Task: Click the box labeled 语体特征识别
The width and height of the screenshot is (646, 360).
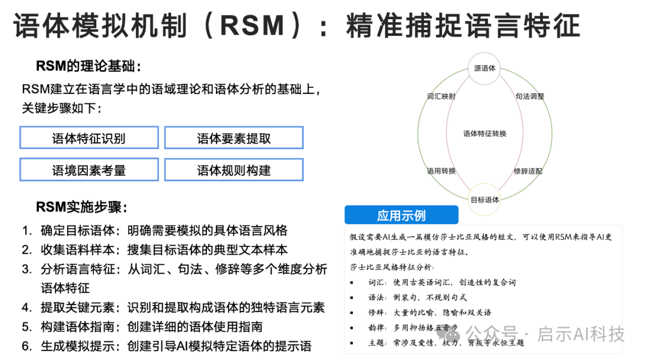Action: (x=89, y=138)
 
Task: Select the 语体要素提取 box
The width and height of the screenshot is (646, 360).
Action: (x=234, y=138)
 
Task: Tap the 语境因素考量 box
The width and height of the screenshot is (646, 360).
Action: (x=89, y=170)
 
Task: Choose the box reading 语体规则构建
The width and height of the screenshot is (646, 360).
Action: (x=234, y=170)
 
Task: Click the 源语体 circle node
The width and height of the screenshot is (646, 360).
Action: (x=484, y=68)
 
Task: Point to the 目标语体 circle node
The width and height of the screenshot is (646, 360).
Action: (x=484, y=200)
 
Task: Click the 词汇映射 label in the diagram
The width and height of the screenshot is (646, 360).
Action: (x=441, y=96)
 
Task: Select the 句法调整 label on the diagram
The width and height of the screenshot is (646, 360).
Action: (x=530, y=96)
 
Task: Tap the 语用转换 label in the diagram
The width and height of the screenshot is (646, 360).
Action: (x=441, y=171)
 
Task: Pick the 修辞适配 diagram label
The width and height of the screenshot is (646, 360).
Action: (x=528, y=171)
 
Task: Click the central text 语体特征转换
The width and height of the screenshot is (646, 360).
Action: (x=485, y=134)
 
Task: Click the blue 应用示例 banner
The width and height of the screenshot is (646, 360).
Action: (x=401, y=215)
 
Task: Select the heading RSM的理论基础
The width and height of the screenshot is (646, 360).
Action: (x=89, y=66)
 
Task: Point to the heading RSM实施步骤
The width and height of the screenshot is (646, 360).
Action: (x=82, y=208)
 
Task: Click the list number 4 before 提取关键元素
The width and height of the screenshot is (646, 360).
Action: (x=26, y=307)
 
